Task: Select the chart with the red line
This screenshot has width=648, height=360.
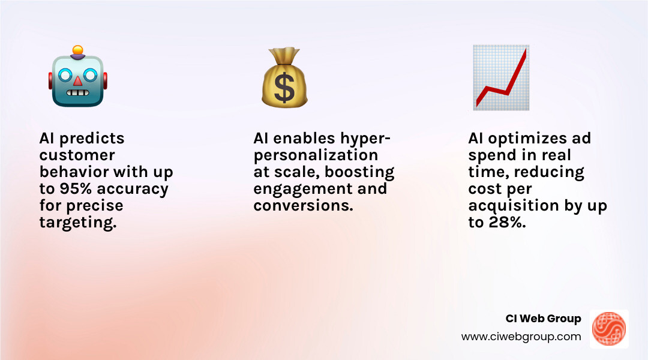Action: tap(500, 77)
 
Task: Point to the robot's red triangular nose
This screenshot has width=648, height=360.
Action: tap(77, 80)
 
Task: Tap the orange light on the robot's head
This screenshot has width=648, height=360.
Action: tap(77, 50)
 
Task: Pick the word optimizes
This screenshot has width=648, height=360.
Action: tap(524, 139)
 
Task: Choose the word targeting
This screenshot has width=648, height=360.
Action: tap(76, 223)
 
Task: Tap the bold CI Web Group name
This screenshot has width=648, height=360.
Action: tap(544, 319)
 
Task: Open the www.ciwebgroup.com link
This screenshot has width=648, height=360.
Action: tap(521, 337)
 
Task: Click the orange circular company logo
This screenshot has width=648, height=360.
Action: tap(609, 329)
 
